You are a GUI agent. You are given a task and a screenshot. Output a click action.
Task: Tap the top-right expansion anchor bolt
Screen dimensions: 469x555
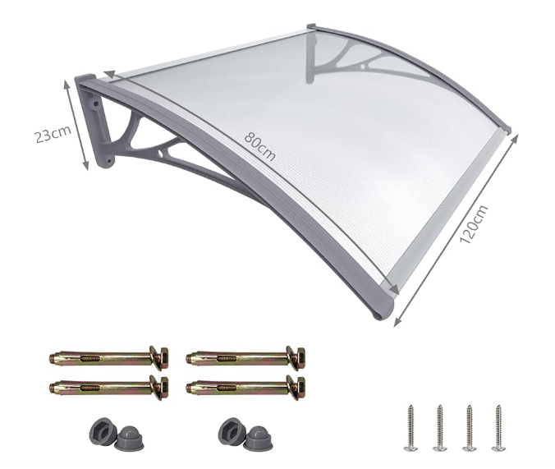[245, 357]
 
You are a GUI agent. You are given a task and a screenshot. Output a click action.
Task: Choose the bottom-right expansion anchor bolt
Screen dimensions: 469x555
[245, 385]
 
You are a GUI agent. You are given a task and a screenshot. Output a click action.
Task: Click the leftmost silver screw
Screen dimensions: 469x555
[410, 426]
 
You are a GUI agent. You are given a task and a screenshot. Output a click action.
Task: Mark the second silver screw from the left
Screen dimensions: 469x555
[439, 426]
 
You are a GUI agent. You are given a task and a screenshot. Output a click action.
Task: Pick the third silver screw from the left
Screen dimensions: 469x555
[469, 426]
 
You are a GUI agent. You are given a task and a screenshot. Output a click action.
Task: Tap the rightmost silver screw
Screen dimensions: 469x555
[498, 426]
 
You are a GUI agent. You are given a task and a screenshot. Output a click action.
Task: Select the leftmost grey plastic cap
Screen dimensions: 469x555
[96, 430]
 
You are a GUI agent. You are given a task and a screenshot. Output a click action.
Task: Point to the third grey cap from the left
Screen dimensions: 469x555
[232, 430]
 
